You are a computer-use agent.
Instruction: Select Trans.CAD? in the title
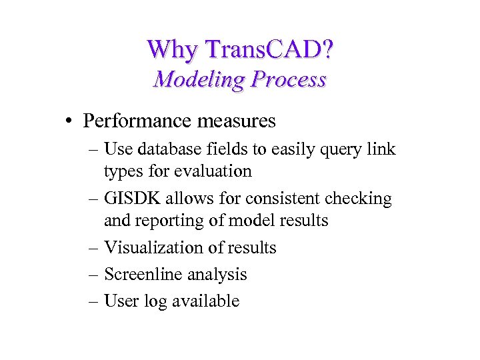(269, 49)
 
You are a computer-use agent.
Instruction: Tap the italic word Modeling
(199, 79)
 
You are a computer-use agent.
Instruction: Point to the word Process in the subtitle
(289, 79)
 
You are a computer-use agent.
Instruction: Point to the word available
(205, 301)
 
